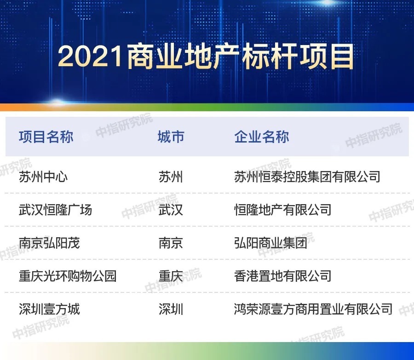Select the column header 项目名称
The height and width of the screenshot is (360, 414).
click(46, 137)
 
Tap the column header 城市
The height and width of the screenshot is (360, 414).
click(171, 137)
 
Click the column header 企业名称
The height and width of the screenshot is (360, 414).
click(262, 137)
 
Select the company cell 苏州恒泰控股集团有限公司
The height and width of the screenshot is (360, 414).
click(307, 177)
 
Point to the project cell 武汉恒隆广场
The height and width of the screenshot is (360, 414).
click(55, 210)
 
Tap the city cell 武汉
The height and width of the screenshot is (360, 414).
click(171, 210)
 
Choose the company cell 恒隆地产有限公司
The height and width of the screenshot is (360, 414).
click(282, 210)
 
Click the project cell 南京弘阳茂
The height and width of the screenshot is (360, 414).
click(49, 243)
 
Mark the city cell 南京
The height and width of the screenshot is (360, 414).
click(171, 243)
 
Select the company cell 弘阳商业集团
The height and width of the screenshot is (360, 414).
click(270, 243)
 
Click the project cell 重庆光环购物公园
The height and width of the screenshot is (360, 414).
click(68, 276)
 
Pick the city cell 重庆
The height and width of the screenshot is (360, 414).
click(171, 276)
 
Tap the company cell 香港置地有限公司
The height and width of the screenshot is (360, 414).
click(282, 276)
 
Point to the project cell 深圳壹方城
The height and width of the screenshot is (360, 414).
click(49, 309)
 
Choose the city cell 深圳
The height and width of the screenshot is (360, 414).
click(171, 309)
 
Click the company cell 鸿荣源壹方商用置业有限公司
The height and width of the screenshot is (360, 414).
click(313, 309)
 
